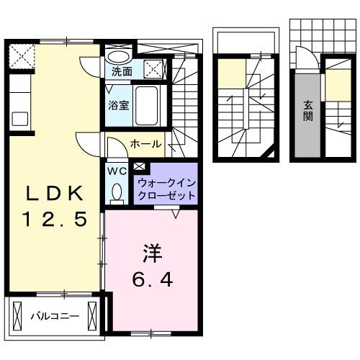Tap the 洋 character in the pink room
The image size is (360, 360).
(x=153, y=255)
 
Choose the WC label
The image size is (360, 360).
(x=117, y=171)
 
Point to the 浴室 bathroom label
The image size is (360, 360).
(x=119, y=105)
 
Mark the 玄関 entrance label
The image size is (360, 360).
(x=307, y=109)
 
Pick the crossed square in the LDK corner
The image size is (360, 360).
(x=20, y=55)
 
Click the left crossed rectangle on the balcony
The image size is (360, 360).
(x=17, y=315)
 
